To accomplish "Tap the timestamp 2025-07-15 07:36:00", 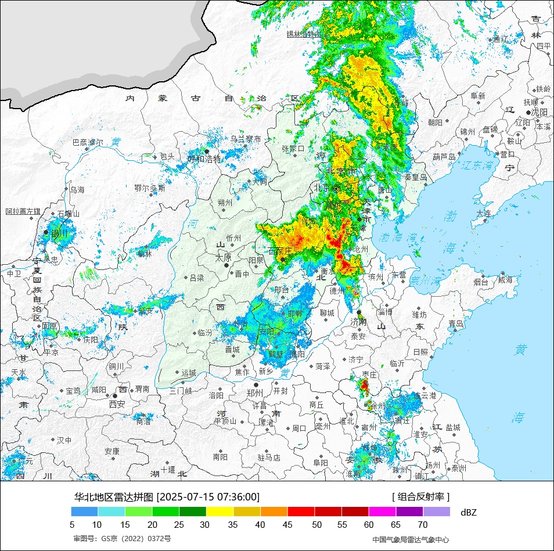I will pos(208,497).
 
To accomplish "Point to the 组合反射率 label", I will pos(421,497).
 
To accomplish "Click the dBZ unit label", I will pos(468,512).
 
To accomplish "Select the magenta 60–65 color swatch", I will pos(382,512).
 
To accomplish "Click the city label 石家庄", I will pos(280,251).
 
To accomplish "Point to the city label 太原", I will pos(224,257).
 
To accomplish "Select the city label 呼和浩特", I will pos(204,159).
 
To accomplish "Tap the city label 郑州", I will pos(256,392).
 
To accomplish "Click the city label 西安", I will pos(117,404).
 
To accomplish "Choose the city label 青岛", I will pos(456,323).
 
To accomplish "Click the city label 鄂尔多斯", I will pos(149,188).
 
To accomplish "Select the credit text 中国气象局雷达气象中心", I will pos(411,539).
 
